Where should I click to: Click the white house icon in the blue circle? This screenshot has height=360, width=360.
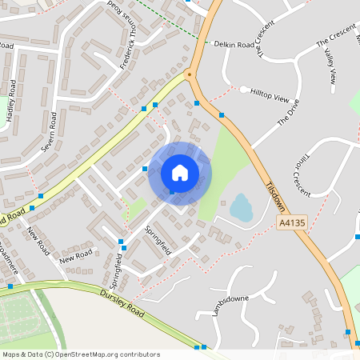[180, 172]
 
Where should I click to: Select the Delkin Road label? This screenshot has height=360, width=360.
[234, 43]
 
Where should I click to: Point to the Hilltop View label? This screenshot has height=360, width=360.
[269, 97]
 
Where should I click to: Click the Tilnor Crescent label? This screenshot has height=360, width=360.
[300, 167]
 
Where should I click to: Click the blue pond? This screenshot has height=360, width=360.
[241, 208]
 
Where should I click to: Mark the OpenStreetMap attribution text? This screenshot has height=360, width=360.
[80, 354]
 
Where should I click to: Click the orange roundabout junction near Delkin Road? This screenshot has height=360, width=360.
[190, 75]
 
